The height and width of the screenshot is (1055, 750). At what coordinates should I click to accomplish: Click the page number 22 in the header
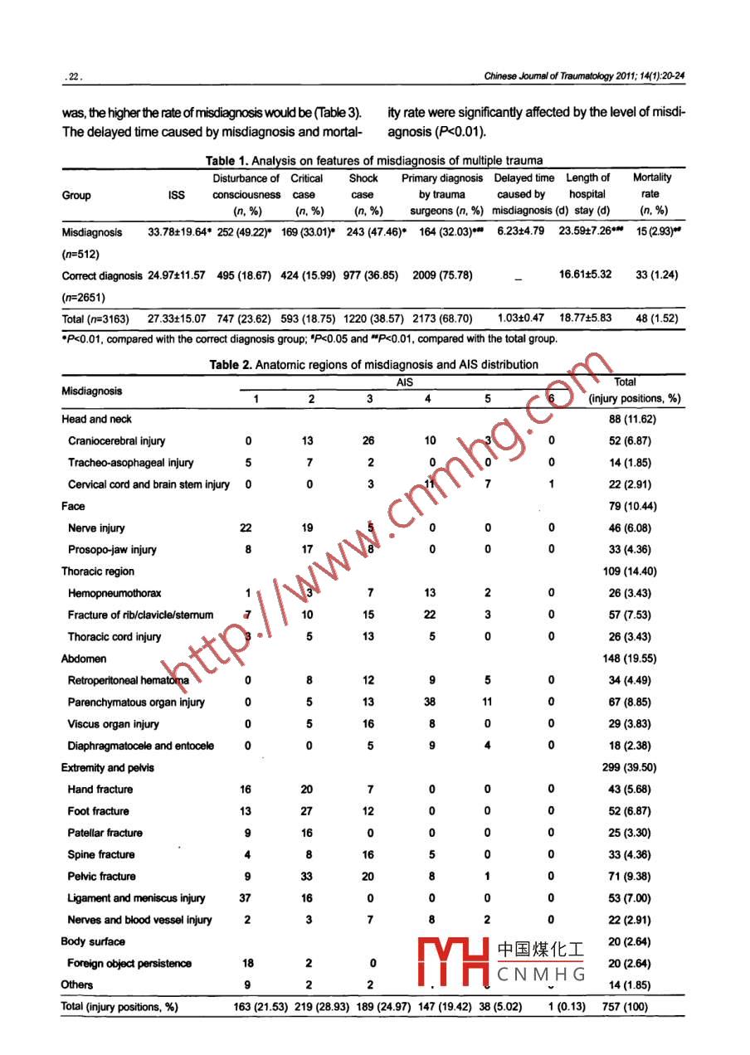click(73, 77)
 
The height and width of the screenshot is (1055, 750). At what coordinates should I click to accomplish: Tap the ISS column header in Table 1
click(176, 196)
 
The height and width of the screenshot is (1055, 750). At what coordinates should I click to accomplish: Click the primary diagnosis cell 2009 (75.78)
click(442, 275)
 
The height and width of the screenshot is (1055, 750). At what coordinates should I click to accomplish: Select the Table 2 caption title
click(373, 364)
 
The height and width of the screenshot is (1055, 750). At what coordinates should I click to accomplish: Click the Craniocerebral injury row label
click(116, 441)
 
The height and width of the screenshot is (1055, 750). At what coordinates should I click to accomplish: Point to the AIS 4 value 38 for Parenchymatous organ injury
click(429, 703)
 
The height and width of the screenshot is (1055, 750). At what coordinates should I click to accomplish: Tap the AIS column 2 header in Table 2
click(311, 398)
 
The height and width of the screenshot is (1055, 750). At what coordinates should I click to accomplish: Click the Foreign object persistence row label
click(129, 964)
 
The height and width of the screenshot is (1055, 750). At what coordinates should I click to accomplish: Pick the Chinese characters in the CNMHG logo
click(541, 950)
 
